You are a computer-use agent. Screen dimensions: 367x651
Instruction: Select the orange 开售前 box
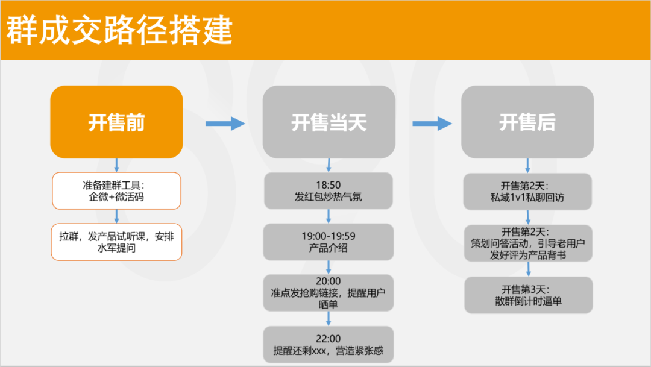pyautogui.click(x=116, y=122)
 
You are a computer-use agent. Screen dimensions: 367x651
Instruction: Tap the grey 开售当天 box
pyautogui.click(x=329, y=123)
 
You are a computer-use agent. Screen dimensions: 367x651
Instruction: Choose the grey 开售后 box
pyautogui.click(x=527, y=122)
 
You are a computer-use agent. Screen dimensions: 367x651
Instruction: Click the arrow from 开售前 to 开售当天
pyautogui.click(x=225, y=124)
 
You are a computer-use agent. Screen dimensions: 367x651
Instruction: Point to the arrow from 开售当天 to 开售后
pyautogui.click(x=432, y=124)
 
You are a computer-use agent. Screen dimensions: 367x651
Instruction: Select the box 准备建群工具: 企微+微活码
pyautogui.click(x=116, y=191)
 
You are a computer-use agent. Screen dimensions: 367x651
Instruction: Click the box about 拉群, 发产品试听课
pyautogui.click(x=116, y=242)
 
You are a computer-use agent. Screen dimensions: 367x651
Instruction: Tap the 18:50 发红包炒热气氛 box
pyautogui.click(x=329, y=191)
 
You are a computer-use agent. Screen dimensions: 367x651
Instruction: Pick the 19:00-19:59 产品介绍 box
pyautogui.click(x=329, y=242)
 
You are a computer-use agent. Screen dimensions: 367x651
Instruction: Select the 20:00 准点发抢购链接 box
pyautogui.click(x=329, y=293)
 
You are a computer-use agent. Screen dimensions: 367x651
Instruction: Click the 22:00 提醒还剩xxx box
pyautogui.click(x=329, y=345)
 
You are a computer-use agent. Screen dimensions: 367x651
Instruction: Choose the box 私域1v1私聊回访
pyautogui.click(x=527, y=191)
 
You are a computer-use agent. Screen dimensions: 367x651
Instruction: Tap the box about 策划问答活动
pyautogui.click(x=527, y=243)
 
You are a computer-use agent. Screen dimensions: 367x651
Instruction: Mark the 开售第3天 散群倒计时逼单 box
pyautogui.click(x=527, y=295)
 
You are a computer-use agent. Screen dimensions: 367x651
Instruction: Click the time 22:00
pyautogui.click(x=329, y=339)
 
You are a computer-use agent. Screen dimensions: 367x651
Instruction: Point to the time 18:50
pyautogui.click(x=329, y=185)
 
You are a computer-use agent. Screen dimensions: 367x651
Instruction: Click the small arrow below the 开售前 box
pyautogui.click(x=116, y=165)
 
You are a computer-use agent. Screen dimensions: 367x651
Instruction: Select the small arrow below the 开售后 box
pyautogui.click(x=527, y=165)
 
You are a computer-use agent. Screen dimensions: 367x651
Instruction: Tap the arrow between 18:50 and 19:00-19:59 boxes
pyautogui.click(x=329, y=216)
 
